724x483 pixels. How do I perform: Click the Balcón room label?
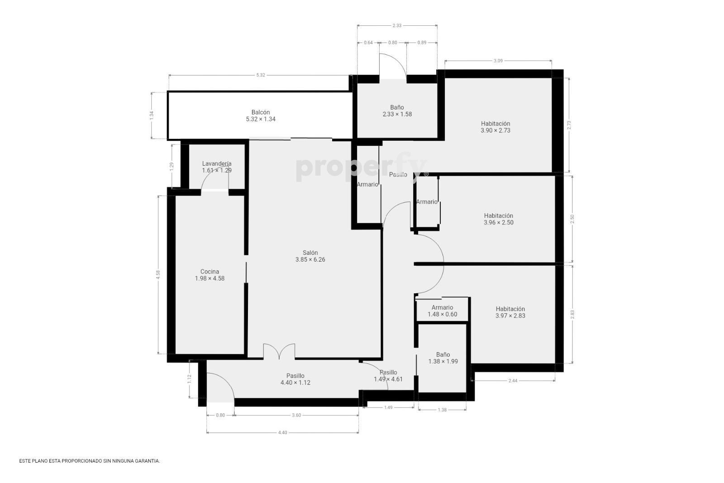click(x=261, y=116)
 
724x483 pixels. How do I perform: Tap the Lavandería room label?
click(x=217, y=167)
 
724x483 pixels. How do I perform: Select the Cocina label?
click(x=210, y=275)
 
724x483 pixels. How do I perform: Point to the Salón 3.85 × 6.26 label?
click(x=310, y=256)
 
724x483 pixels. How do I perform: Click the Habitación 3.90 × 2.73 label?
click(x=495, y=127)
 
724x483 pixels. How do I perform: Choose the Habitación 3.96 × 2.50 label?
click(x=498, y=219)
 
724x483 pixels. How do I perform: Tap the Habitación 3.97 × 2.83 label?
click(x=510, y=312)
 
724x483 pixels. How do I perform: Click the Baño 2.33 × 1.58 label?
click(x=397, y=110)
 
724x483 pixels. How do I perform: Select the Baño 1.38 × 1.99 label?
click(x=443, y=358)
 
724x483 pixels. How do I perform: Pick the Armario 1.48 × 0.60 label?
click(x=442, y=311)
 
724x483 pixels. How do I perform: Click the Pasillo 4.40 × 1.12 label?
click(x=295, y=379)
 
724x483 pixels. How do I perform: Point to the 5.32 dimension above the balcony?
click(x=261, y=75)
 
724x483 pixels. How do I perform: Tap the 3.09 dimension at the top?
click(x=498, y=61)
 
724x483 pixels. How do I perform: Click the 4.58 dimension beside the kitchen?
click(x=158, y=274)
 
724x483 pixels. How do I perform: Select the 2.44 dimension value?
click(x=513, y=381)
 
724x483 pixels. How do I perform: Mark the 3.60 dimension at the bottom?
click(x=296, y=415)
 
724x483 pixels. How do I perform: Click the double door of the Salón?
click(x=279, y=351)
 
